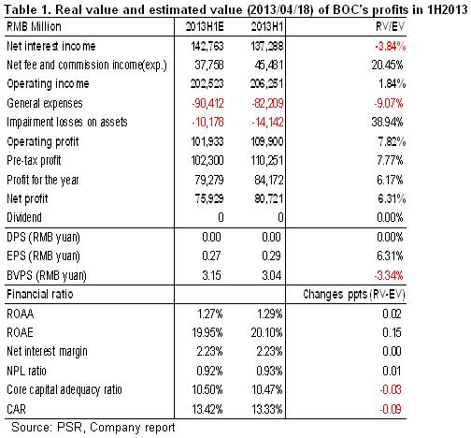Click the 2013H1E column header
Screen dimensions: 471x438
point(205,27)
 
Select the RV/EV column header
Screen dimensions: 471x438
point(390,27)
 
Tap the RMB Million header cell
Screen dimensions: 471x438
point(34,27)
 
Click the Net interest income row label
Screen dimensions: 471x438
point(51,46)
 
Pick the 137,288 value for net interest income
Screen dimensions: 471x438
point(267,46)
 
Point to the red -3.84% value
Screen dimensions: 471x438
point(390,47)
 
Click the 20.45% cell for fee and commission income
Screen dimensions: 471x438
point(387,65)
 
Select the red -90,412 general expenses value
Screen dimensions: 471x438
point(207,103)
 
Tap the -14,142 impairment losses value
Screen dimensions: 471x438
point(267,122)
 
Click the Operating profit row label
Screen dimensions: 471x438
point(43,142)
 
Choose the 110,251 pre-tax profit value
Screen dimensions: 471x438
point(267,160)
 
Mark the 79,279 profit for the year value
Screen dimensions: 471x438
point(209,180)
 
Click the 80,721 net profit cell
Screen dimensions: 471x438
point(269,198)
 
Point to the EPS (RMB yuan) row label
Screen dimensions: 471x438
point(43,256)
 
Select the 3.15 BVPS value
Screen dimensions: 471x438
point(211,275)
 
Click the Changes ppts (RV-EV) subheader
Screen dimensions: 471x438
point(354,294)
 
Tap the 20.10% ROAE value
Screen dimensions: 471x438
point(266,332)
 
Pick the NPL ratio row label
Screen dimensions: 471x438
point(26,371)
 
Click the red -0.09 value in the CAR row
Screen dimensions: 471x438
point(391,409)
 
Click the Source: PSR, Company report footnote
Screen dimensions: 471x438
point(93,428)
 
